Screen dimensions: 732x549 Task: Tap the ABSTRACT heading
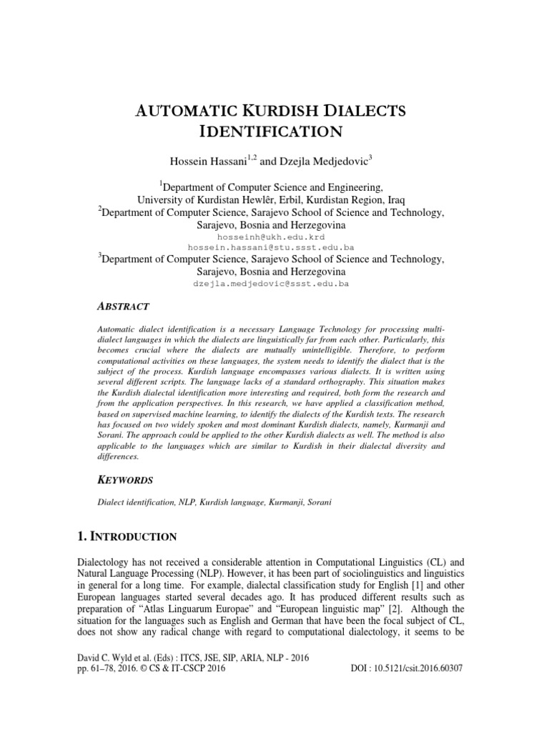click(123, 306)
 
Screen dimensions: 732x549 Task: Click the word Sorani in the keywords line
click(319, 502)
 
